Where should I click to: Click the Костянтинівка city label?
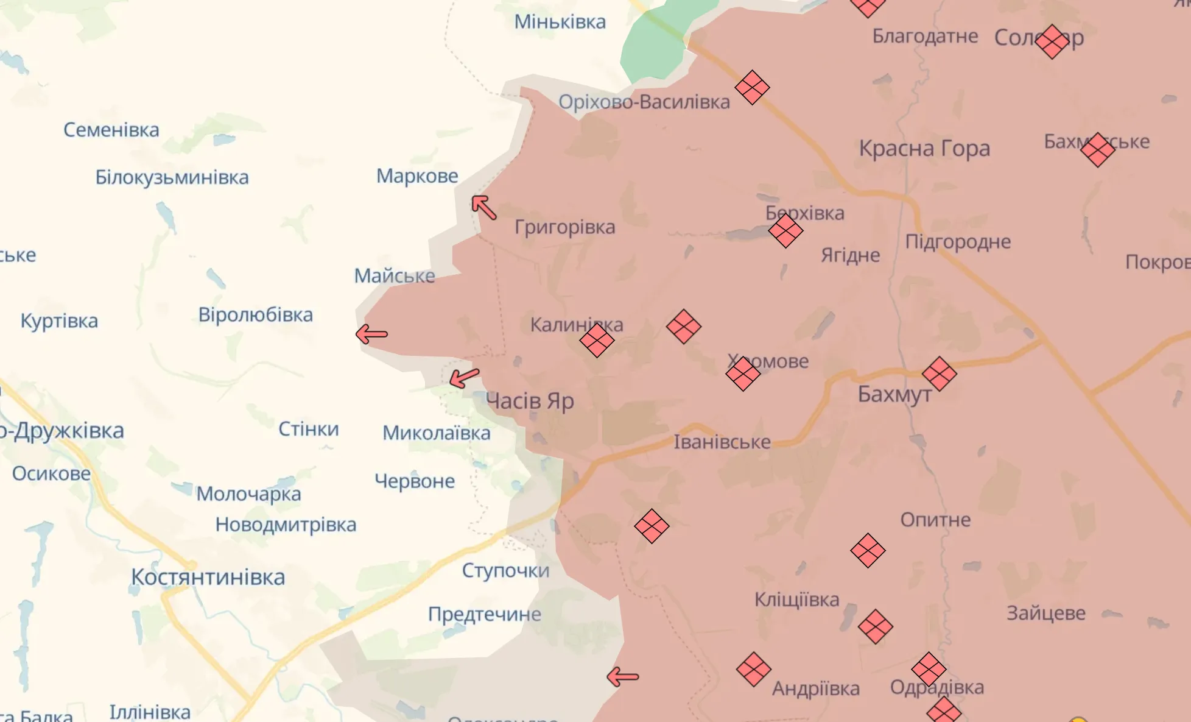coord(208,577)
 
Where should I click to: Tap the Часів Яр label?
coord(530,401)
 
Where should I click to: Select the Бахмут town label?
coord(894,394)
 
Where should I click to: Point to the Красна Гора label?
coord(924,148)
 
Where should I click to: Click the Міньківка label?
coord(560,22)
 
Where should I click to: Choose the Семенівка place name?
coord(111,130)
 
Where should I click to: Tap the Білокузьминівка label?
coord(172,177)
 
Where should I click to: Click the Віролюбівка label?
coord(255,315)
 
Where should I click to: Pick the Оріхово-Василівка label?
coord(644,102)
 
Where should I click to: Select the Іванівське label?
coord(722,442)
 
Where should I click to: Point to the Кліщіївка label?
coord(796,600)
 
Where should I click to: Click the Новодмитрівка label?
coord(286,525)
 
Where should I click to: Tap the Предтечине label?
coord(484,614)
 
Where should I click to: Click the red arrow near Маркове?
coord(484,207)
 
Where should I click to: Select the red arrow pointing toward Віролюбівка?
coord(371,334)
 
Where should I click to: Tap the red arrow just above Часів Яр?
coord(464,378)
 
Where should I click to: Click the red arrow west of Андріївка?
coord(623,676)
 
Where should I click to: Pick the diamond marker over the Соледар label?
coord(1052,41)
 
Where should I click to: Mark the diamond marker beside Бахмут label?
coord(939,373)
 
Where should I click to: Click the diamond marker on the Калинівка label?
coord(597,340)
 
